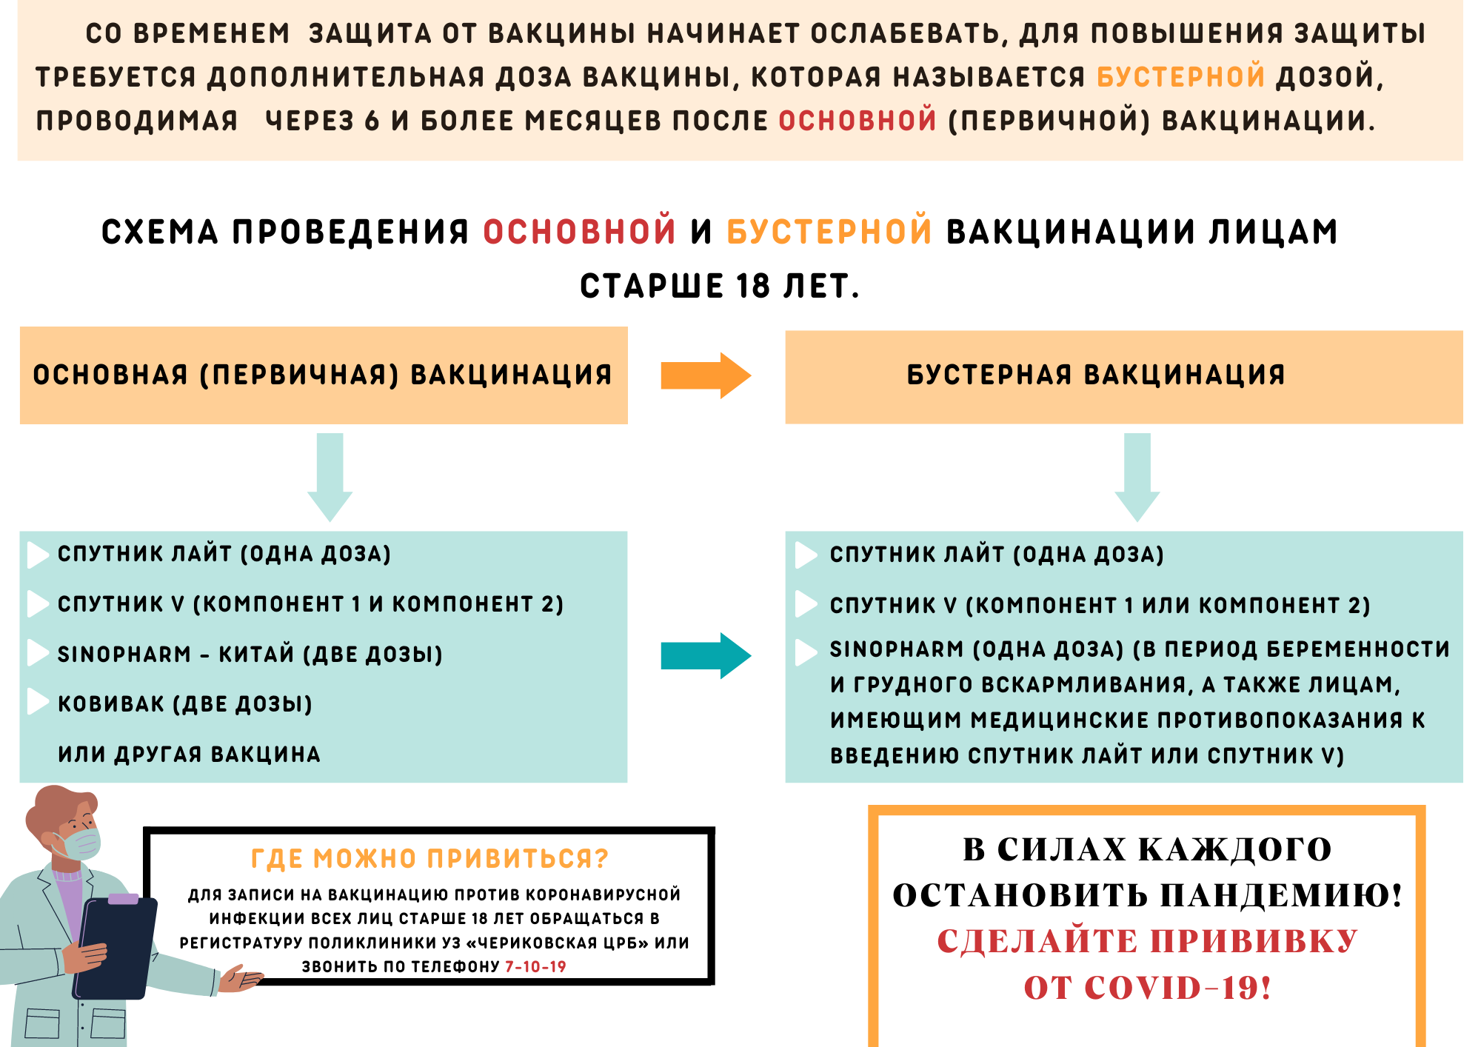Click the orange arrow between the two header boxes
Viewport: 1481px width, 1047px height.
point(706,375)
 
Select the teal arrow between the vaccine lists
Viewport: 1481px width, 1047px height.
point(706,655)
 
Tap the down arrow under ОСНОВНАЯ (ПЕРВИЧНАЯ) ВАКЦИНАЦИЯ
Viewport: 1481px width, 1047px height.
point(330,478)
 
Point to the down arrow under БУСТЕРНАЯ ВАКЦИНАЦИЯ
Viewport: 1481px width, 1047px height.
point(1137,478)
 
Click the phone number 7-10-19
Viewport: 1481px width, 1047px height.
point(535,966)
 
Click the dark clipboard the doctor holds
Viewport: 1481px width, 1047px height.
point(115,948)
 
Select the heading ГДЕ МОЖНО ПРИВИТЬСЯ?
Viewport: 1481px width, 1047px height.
point(429,859)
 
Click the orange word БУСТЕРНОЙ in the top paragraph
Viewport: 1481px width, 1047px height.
point(1180,77)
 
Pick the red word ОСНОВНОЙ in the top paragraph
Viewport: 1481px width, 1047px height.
point(857,121)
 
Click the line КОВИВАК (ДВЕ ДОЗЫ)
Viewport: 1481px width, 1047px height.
point(185,704)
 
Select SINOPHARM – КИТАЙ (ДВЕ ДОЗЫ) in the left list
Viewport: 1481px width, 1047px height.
point(250,655)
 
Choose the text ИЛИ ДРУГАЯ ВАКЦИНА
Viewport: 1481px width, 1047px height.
point(189,755)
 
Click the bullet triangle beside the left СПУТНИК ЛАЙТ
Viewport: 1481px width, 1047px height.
point(38,555)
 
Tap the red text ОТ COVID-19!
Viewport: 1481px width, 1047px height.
point(1147,988)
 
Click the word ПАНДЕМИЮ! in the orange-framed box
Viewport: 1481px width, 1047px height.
point(1281,895)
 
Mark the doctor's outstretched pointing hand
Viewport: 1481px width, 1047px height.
point(241,979)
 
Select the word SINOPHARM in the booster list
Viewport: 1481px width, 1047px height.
point(897,649)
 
